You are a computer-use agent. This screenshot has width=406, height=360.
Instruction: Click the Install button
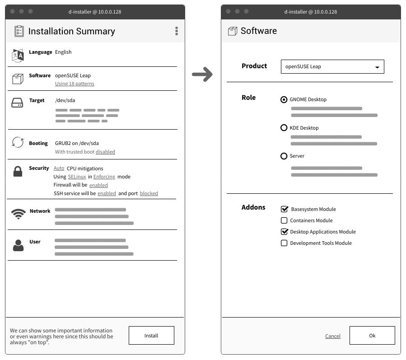151,336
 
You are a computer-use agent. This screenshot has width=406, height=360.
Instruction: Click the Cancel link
333,336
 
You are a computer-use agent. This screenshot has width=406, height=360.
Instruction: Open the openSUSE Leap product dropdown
332,66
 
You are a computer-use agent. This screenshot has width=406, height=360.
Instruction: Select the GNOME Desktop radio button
284,99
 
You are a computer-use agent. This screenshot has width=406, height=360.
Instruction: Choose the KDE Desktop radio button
284,128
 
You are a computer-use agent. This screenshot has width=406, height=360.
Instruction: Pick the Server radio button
284,156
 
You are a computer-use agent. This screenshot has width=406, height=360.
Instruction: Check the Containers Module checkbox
284,220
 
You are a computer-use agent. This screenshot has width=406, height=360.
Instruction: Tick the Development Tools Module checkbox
284,243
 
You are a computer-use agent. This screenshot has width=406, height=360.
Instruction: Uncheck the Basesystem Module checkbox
284,209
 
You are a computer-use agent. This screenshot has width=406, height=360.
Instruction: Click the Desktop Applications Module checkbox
284,232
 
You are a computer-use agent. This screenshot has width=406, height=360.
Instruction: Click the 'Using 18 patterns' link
75,84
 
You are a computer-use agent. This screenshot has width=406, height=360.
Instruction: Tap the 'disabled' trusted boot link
105,152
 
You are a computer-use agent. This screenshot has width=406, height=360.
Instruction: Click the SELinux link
77,177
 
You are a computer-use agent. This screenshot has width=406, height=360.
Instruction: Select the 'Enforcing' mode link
104,177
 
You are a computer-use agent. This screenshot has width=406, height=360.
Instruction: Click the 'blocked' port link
149,193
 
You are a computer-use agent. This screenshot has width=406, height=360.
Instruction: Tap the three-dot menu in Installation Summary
176,31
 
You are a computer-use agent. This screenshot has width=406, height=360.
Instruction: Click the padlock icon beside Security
18,172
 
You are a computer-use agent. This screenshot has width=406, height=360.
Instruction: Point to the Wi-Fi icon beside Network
18,214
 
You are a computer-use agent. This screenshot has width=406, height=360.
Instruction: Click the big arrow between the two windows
202,75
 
